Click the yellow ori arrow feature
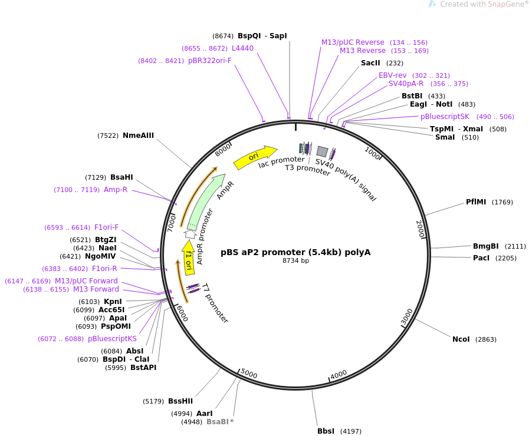(x=255, y=157)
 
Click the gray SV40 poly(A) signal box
(x=322, y=151)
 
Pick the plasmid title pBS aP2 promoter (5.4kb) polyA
(x=295, y=252)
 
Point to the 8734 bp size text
(x=295, y=260)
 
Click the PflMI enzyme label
(x=476, y=202)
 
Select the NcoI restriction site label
(x=461, y=339)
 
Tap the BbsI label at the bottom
(x=326, y=431)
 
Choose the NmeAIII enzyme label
(x=138, y=136)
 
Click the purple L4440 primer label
(x=242, y=48)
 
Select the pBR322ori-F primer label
(x=209, y=61)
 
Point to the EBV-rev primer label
(x=393, y=75)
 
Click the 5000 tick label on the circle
(x=249, y=374)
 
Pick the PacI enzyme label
(x=481, y=258)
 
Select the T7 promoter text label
(x=215, y=303)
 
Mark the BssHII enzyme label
(x=180, y=401)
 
